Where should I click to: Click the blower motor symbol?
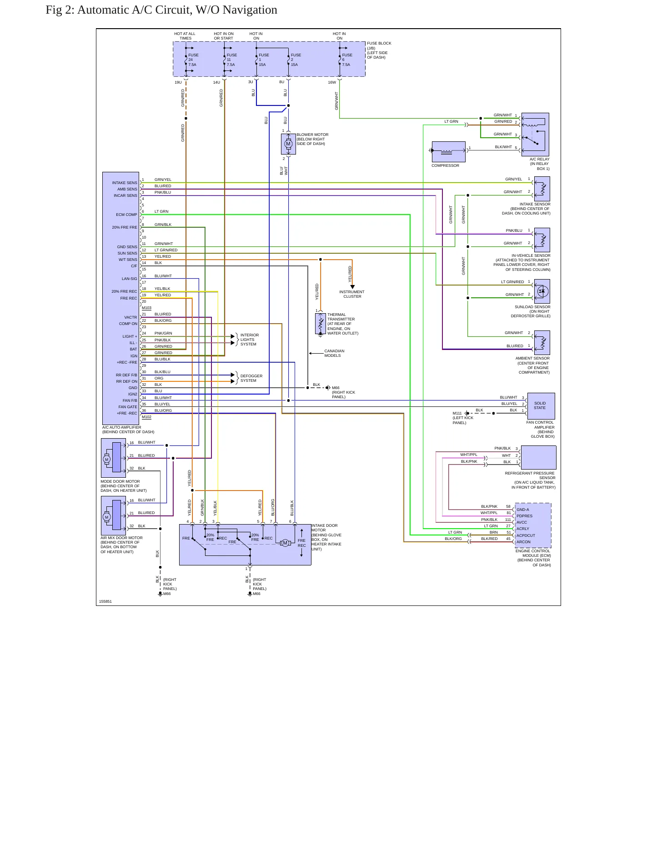tap(288, 144)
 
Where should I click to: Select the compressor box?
tap(448, 152)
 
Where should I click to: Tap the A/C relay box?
tap(536, 135)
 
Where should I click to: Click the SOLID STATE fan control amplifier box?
tap(541, 406)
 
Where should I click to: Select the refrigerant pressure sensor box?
tap(539, 457)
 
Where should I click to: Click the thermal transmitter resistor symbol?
tap(321, 324)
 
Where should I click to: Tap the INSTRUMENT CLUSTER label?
tap(352, 294)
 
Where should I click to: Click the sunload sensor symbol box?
tap(542, 291)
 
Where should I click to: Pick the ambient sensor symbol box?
tap(542, 343)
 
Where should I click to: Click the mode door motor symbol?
tap(113, 458)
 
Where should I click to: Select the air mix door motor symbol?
tap(113, 515)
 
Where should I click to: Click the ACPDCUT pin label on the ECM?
tap(526, 535)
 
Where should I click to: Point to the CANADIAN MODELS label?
tap(334, 353)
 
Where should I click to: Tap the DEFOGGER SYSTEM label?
tap(251, 378)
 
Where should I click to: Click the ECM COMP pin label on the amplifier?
tap(126, 215)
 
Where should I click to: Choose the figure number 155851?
tap(105, 601)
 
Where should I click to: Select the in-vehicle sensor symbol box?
tap(542, 240)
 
